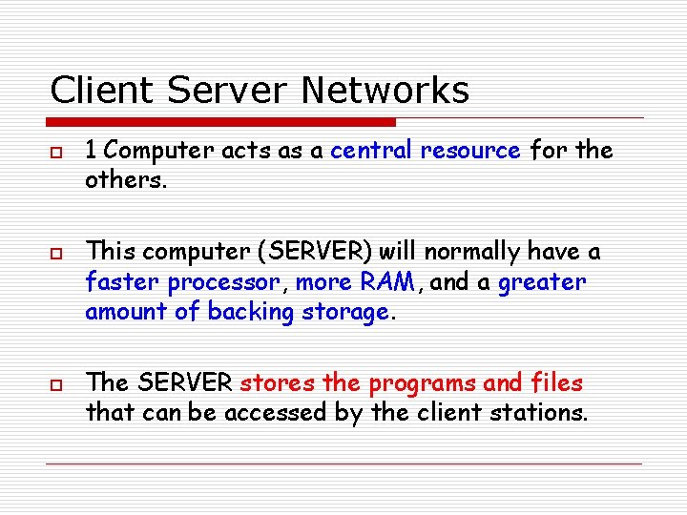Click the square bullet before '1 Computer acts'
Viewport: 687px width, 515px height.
point(55,153)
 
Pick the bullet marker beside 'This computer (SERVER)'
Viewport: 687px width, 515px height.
point(55,254)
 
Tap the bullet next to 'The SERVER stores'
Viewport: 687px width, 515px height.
point(55,385)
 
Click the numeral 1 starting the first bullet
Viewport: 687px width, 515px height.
point(91,151)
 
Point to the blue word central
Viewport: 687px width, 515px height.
point(370,151)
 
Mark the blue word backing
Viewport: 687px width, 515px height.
point(249,313)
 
